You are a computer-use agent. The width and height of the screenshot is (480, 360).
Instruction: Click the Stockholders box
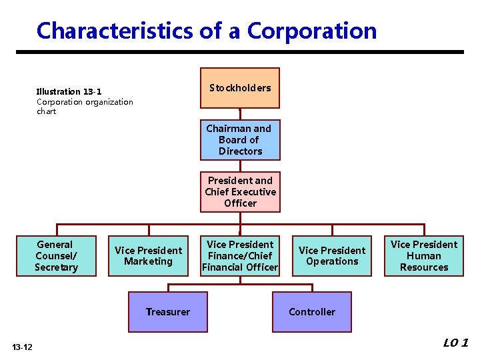[x=240, y=88]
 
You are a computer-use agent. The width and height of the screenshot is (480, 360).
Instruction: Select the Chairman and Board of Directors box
[x=240, y=140]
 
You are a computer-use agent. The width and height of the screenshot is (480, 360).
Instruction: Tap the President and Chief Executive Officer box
[x=240, y=192]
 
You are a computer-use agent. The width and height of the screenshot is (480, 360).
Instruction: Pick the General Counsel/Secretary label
[x=56, y=256]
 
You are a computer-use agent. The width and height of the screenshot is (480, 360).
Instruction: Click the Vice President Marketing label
[x=148, y=256]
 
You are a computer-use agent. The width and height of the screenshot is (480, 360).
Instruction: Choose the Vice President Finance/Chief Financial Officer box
[x=240, y=256]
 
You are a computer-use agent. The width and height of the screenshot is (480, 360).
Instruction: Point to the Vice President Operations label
[x=332, y=256]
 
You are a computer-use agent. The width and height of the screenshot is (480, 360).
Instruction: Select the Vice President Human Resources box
[x=424, y=256]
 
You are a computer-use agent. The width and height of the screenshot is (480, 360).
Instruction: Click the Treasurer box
[x=168, y=312]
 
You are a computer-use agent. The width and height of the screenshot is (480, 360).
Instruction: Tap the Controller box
[x=312, y=312]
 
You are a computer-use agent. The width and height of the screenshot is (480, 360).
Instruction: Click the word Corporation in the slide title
[x=312, y=31]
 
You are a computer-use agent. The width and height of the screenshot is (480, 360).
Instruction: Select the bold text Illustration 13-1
[x=69, y=92]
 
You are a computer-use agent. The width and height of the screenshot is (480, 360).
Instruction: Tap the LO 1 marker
[x=456, y=343]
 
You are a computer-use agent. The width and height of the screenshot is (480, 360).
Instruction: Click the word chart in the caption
[x=47, y=111]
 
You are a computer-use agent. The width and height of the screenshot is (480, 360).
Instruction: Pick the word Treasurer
[x=168, y=312]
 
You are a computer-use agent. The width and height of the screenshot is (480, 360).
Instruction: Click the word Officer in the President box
[x=240, y=203]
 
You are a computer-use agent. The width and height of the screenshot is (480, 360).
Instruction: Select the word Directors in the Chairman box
[x=240, y=151]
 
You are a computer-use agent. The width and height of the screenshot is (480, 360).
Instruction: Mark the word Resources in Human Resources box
[x=424, y=267]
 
